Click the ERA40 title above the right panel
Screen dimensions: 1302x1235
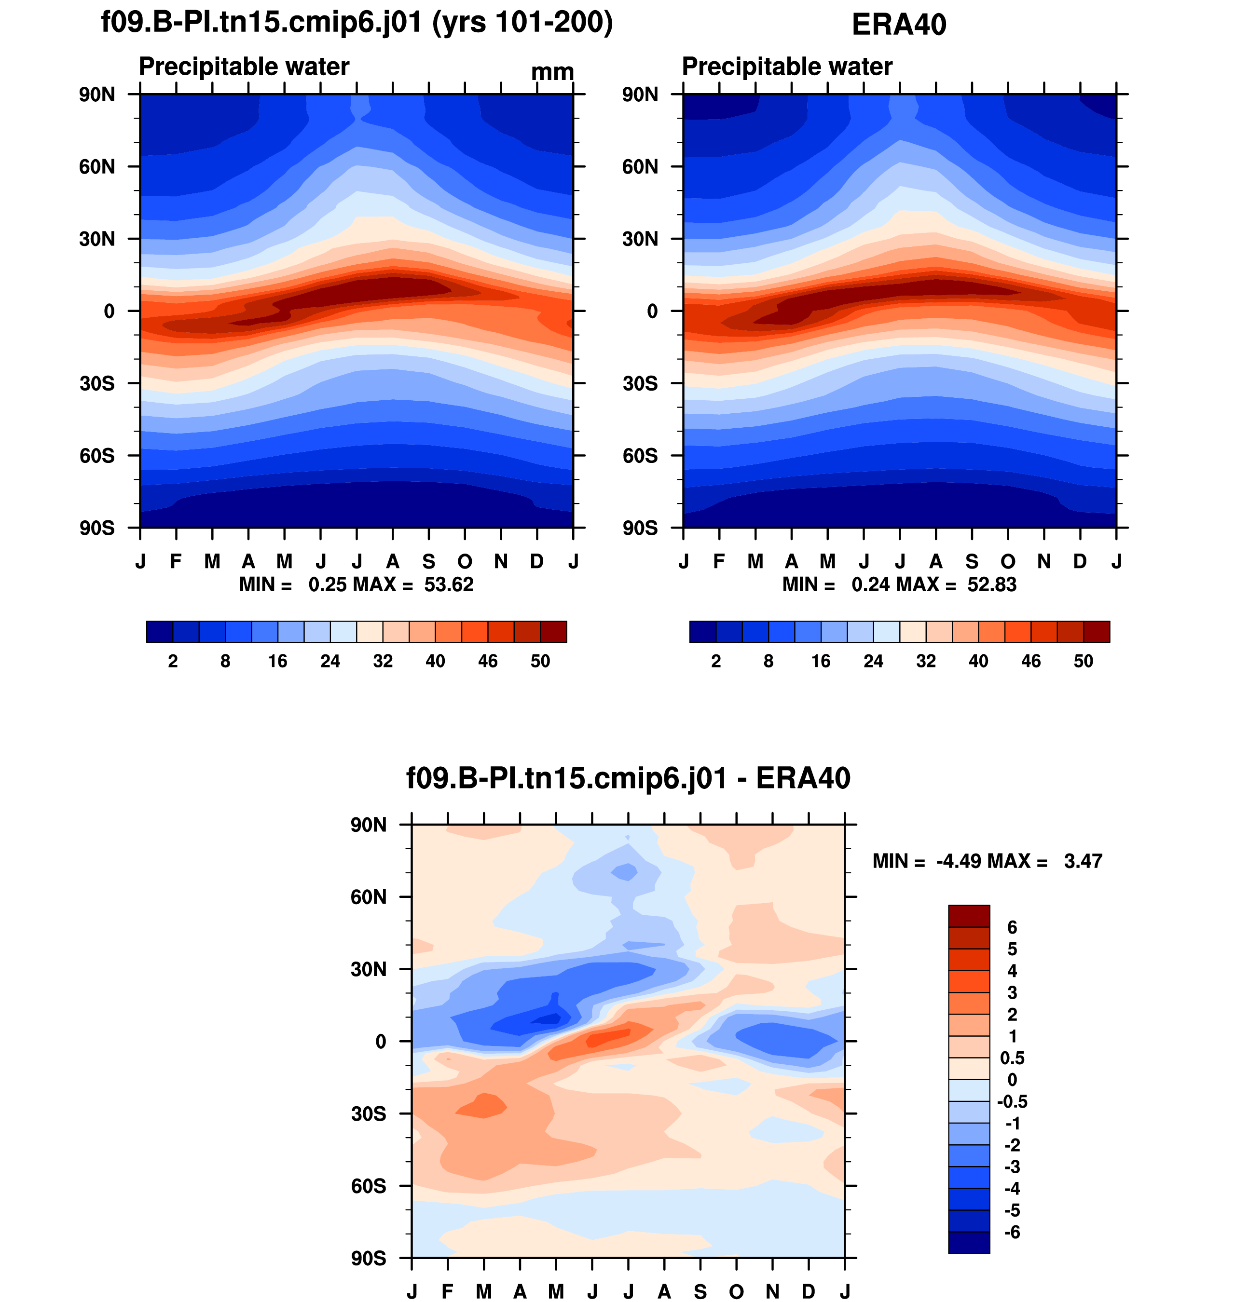[899, 25]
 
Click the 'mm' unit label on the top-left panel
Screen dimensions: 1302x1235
[552, 72]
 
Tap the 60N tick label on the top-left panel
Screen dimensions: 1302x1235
[97, 167]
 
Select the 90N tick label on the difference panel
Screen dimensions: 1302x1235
[369, 825]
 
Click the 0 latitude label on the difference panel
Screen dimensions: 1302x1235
[381, 1042]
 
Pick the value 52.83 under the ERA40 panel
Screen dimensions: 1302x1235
[991, 584]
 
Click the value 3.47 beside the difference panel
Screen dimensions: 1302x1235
[1083, 861]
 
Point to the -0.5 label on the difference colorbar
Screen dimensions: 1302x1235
[1012, 1101]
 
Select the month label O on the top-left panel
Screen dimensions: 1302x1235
[465, 561]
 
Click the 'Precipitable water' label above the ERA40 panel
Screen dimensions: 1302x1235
[787, 67]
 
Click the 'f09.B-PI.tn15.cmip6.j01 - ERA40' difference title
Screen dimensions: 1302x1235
[628, 778]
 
